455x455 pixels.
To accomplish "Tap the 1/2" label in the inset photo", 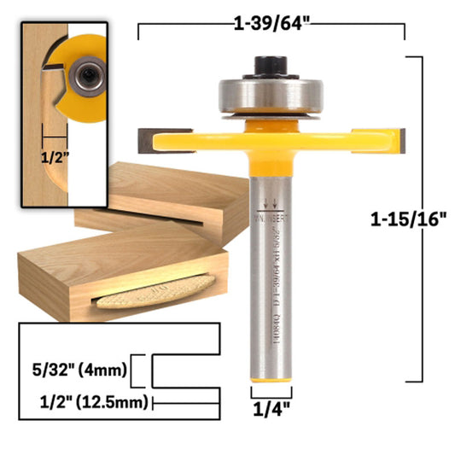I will tap(55, 157).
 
